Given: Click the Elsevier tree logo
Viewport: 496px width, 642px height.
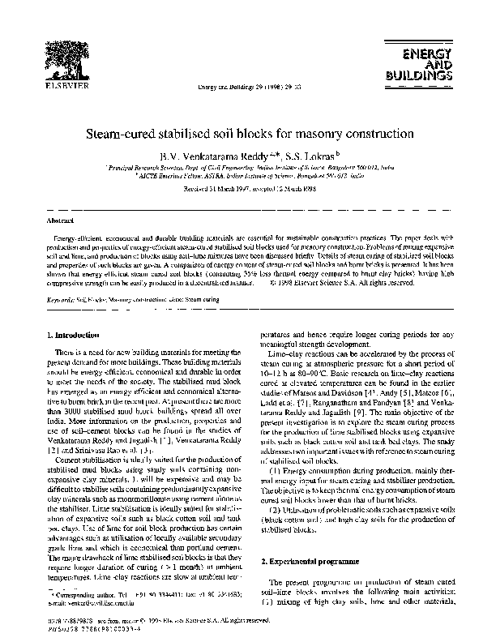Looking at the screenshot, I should pos(57,54).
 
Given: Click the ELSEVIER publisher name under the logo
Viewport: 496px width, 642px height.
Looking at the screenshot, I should pos(57,85).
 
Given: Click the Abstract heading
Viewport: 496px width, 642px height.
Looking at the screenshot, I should pos(61,220).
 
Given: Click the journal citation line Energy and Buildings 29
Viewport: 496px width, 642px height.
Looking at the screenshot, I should pos(246,87).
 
